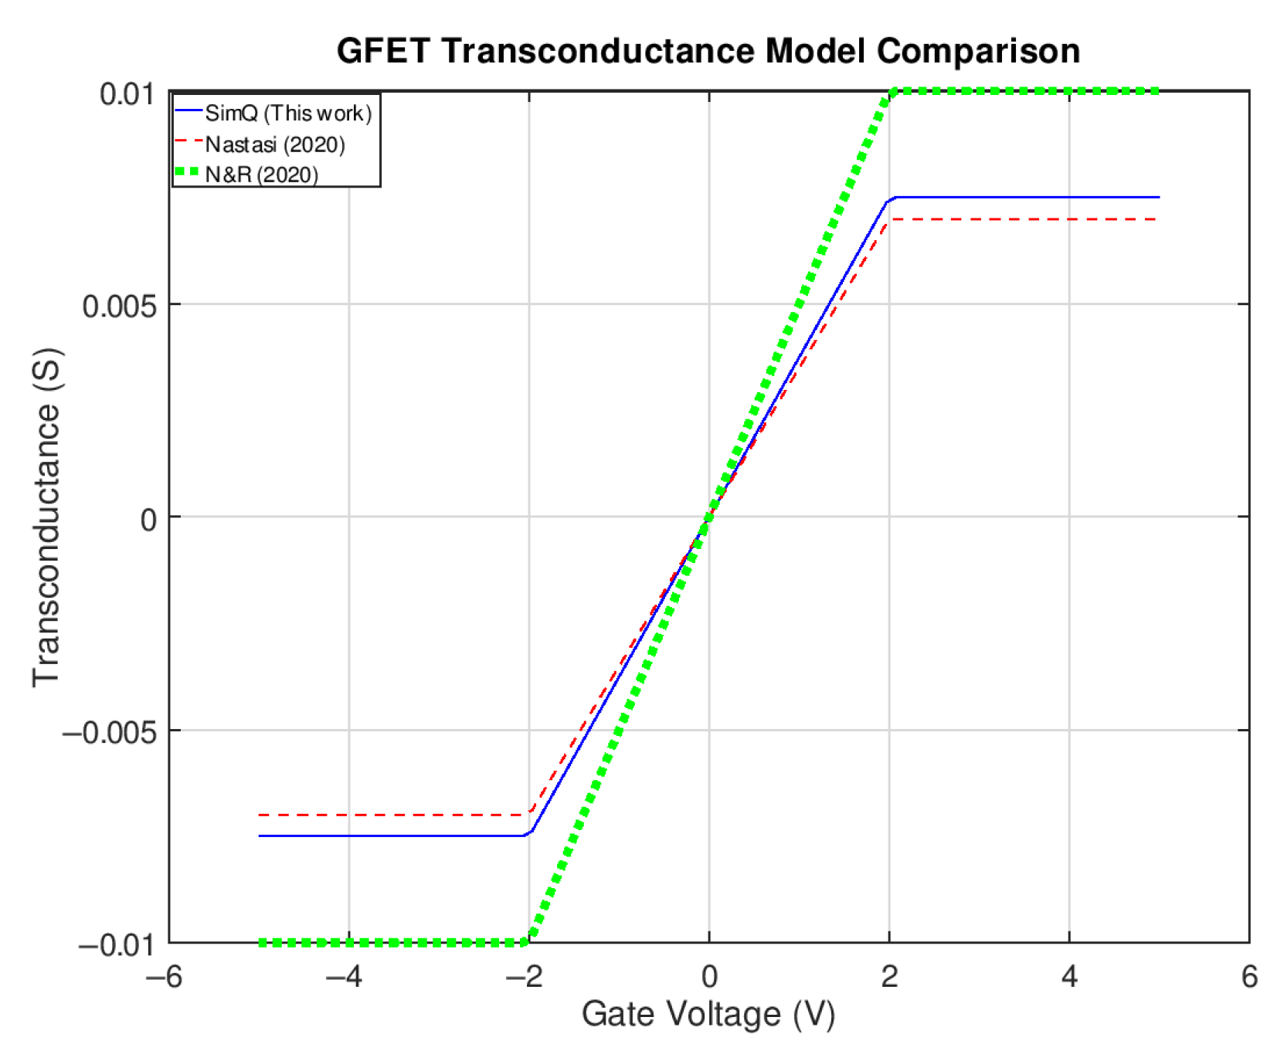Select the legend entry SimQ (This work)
tap(287, 114)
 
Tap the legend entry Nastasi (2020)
tap(274, 144)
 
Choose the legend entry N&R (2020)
tap(261, 175)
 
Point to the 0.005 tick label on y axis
tap(119, 306)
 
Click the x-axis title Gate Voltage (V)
tap(708, 1014)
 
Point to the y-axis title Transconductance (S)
tap(46, 517)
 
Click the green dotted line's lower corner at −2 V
tap(528, 942)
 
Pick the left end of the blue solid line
tap(260, 836)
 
